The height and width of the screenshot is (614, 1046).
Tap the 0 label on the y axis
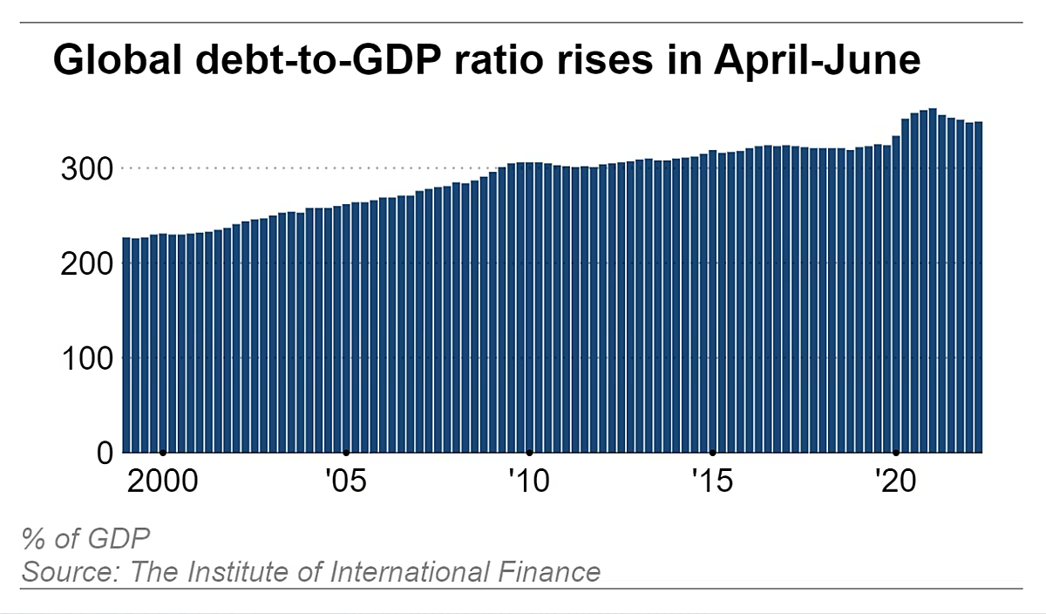coord(105,453)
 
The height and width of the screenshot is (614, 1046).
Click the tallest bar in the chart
coord(933,279)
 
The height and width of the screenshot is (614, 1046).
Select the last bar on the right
coord(978,288)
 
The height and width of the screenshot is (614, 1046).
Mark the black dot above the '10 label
coord(529,453)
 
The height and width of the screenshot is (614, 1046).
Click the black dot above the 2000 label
coord(163,453)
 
